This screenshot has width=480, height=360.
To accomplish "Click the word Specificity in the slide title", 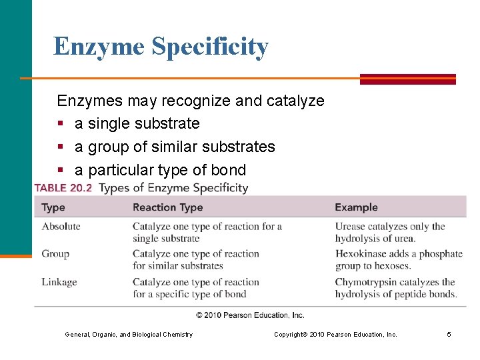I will pyautogui.click(x=210, y=47).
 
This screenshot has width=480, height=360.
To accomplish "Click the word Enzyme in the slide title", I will pyautogui.click(x=99, y=46).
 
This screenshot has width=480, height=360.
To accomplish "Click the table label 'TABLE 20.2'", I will pyautogui.click(x=63, y=188).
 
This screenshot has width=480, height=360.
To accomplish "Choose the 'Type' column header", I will pyautogui.click(x=53, y=207).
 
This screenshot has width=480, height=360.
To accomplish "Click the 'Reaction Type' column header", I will pyautogui.click(x=167, y=207).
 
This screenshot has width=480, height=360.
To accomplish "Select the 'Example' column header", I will pyautogui.click(x=356, y=207).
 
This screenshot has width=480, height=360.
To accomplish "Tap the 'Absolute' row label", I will pyautogui.click(x=61, y=227).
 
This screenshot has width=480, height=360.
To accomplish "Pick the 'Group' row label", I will pyautogui.click(x=55, y=254).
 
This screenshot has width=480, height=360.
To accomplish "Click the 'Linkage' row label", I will pyautogui.click(x=59, y=282).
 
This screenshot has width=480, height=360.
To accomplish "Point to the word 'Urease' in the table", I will pyautogui.click(x=351, y=227).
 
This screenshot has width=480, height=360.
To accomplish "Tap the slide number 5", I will pyautogui.click(x=449, y=334).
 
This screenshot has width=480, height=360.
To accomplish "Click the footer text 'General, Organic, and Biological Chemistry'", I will pyautogui.click(x=129, y=334).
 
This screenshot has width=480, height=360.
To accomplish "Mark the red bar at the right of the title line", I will pyautogui.click(x=407, y=79).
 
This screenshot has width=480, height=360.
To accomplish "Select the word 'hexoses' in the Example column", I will pyautogui.click(x=392, y=266).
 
